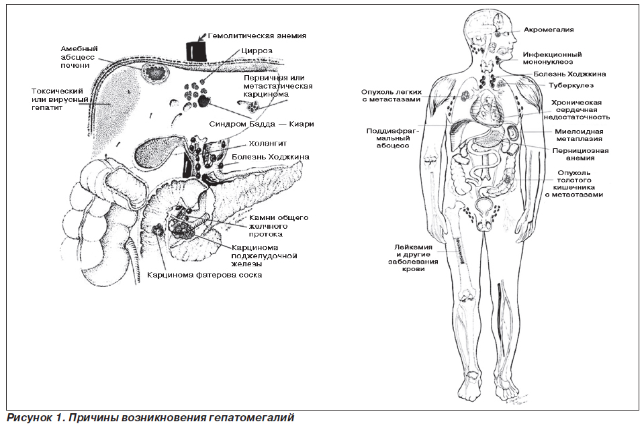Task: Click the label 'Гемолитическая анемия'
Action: pos(257,36)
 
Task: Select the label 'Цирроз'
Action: pos(257,51)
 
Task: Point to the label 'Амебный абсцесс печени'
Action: pos(79,57)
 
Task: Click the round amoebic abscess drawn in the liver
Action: pos(155,73)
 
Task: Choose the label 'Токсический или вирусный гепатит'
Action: pos(60,99)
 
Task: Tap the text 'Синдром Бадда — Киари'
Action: pos(262,124)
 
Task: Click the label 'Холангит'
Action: pos(267,144)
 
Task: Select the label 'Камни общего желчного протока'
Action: pos(279,226)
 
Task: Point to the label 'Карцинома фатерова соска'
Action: pos(205,274)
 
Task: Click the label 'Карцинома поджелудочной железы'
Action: pos(264,256)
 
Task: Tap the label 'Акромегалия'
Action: pos(548,30)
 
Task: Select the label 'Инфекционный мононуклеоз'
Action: pos(552,58)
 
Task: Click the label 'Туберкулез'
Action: pos(571,86)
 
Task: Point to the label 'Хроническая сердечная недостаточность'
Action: pos(577,110)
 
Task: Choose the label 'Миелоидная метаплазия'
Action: pos(579,136)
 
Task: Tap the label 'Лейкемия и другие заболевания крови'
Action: pos(413,258)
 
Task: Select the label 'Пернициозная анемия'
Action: pos(580,154)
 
